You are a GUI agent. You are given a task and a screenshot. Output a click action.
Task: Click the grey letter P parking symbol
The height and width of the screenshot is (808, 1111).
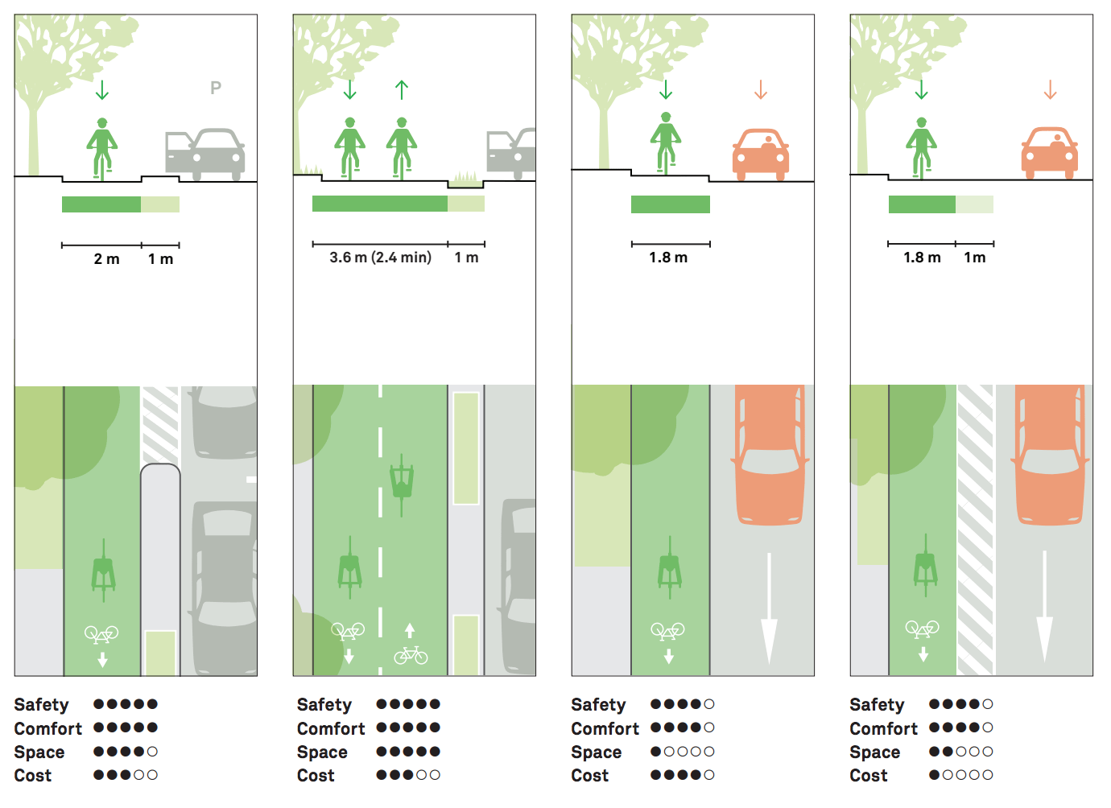[x=215, y=88]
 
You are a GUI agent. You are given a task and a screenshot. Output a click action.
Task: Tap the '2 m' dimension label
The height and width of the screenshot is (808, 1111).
[x=106, y=259]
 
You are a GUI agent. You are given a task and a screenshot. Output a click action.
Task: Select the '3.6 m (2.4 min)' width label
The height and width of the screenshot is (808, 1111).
[x=380, y=258]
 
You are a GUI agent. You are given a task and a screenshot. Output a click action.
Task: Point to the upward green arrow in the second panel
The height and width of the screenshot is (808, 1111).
[x=402, y=90]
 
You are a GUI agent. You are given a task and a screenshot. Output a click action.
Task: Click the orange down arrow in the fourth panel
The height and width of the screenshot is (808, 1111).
[x=1050, y=89]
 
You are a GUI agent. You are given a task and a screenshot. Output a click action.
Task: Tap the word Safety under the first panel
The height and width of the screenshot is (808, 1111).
[x=41, y=705]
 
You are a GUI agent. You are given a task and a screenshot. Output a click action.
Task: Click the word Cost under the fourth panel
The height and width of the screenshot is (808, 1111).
[x=868, y=776]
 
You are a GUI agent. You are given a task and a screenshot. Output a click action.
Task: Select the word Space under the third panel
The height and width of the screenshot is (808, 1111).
[x=596, y=752]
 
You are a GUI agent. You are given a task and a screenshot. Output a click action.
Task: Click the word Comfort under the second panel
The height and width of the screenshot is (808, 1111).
[x=330, y=729]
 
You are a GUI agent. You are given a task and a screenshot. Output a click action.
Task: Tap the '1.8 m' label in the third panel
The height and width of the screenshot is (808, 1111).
[x=668, y=258]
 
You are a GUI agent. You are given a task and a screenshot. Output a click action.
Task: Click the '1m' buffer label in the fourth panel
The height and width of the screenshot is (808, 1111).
[x=974, y=258]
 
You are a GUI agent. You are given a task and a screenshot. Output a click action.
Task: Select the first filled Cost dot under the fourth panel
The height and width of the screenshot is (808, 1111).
[x=935, y=775]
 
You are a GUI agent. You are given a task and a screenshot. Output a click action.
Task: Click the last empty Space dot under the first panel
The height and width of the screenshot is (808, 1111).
[x=152, y=752]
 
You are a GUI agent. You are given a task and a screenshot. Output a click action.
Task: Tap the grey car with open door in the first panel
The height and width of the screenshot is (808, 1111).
[x=204, y=154]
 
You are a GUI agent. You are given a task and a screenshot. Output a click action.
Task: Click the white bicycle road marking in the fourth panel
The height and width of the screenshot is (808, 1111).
[x=923, y=628]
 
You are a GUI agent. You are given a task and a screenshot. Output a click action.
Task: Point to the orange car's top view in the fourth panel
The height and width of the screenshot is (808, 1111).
[x=1049, y=455]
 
